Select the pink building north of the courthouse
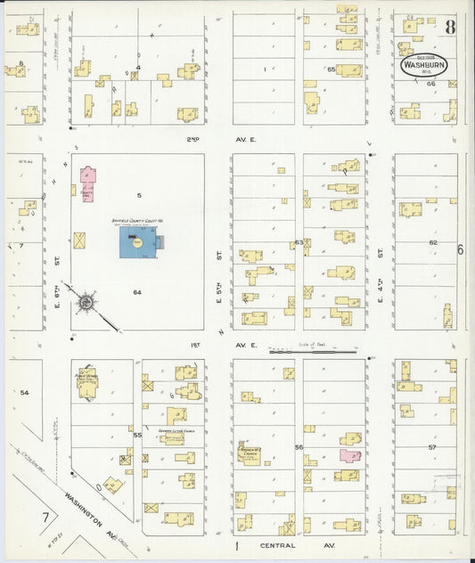click(87, 184)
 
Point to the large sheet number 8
click(451, 26)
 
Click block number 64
click(137, 292)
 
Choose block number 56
click(299, 447)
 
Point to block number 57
click(433, 445)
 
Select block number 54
click(24, 392)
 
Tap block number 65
click(330, 69)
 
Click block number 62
click(433, 242)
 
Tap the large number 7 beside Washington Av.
click(44, 518)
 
